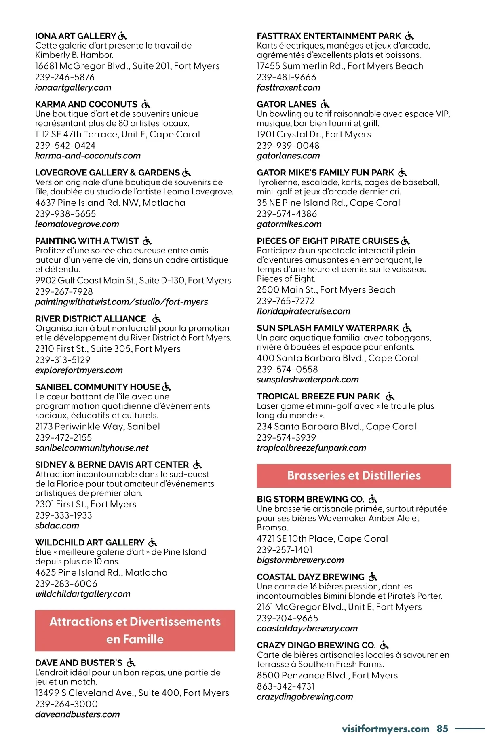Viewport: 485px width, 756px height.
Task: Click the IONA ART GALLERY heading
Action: tap(76, 36)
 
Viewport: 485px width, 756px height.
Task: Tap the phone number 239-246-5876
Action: tap(65, 77)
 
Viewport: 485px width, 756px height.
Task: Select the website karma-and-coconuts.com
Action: tap(88, 156)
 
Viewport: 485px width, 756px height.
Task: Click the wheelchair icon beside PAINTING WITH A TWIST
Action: tap(147, 241)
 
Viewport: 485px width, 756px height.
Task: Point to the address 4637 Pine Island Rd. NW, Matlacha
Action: tap(110, 203)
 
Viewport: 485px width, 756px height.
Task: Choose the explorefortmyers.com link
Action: tap(79, 370)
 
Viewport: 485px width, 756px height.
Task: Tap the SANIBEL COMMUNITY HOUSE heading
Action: tap(97, 387)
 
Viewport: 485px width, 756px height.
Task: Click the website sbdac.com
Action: tap(57, 526)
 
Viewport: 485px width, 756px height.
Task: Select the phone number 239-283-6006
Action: tap(66, 584)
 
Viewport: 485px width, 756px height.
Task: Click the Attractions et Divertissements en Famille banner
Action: tap(135, 630)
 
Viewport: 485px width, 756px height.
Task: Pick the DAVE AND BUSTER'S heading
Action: tap(79, 663)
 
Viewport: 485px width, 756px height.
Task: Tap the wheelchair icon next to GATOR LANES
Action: tap(325, 104)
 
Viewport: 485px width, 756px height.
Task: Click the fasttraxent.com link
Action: tap(289, 87)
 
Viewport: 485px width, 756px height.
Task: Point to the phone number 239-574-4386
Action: tap(287, 214)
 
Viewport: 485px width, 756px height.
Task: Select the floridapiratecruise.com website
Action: tap(304, 311)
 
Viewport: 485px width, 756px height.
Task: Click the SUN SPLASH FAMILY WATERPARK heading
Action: tap(328, 328)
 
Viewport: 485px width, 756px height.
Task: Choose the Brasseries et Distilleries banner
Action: tap(354, 475)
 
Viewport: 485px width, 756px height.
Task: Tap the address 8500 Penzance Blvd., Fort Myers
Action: tap(327, 675)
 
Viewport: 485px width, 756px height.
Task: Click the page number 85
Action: tap(443, 729)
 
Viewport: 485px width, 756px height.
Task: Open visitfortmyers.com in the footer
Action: tap(385, 729)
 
